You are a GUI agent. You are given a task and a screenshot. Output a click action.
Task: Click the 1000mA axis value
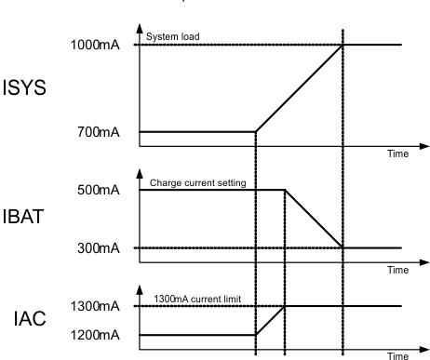[92, 46]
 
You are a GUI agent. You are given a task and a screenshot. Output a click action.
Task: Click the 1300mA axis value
[92, 305]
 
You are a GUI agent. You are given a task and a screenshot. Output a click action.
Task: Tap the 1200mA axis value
[92, 334]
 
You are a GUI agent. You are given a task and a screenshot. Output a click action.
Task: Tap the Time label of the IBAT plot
[399, 270]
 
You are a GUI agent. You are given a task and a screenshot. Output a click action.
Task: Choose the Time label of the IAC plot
[399, 354]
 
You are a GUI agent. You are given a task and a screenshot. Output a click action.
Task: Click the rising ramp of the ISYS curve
[299, 88]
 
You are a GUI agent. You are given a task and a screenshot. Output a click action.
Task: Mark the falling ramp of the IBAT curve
[314, 220]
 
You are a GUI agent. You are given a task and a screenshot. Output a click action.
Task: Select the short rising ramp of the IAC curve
[269, 320]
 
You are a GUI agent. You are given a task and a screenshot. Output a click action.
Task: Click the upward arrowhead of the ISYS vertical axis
[140, 29]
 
